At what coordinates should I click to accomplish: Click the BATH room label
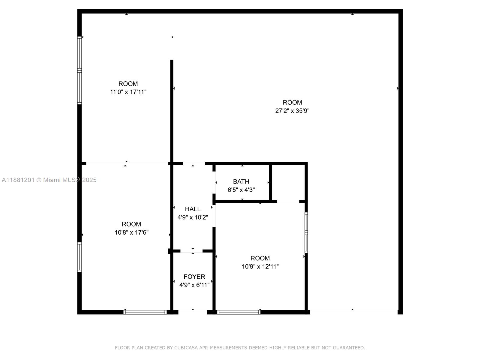[x=241, y=181]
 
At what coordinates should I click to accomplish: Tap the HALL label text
[x=193, y=209]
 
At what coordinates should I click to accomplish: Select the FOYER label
[x=194, y=277]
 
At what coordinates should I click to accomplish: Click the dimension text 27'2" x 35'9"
[x=292, y=111]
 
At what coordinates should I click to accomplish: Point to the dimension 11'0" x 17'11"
[x=128, y=92]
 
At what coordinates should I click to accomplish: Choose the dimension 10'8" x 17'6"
[x=131, y=232]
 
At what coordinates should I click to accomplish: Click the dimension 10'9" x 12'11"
[x=260, y=266]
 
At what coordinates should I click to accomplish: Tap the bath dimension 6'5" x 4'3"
[x=241, y=190]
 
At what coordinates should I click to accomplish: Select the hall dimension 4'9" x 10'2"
[x=193, y=217]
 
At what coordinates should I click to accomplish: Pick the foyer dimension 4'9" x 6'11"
[x=194, y=285]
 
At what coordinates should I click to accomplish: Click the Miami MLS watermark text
[x=49, y=180]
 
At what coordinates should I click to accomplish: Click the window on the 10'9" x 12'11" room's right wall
[x=306, y=232]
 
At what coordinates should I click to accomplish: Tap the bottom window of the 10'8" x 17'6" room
[x=145, y=312]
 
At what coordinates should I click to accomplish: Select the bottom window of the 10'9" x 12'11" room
[x=239, y=312]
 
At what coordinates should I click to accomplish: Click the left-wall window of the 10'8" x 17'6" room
[x=79, y=257]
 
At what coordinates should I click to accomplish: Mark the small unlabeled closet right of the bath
[x=288, y=182]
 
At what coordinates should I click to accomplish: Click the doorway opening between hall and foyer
[x=192, y=251]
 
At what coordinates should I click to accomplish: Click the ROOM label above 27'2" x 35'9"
[x=292, y=102]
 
